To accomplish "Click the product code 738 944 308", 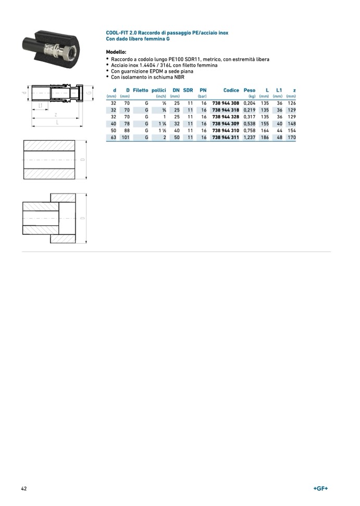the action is (x=226, y=103).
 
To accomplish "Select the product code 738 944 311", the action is (x=226, y=137).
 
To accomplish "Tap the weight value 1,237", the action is (x=249, y=137).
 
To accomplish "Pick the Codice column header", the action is (x=231, y=91).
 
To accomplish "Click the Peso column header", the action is (x=249, y=91).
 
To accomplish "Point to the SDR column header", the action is (x=188, y=91).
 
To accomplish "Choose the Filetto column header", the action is (x=141, y=91).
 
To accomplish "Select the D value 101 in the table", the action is (x=125, y=137).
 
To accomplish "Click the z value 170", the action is (x=292, y=137).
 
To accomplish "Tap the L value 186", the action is (x=265, y=137).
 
